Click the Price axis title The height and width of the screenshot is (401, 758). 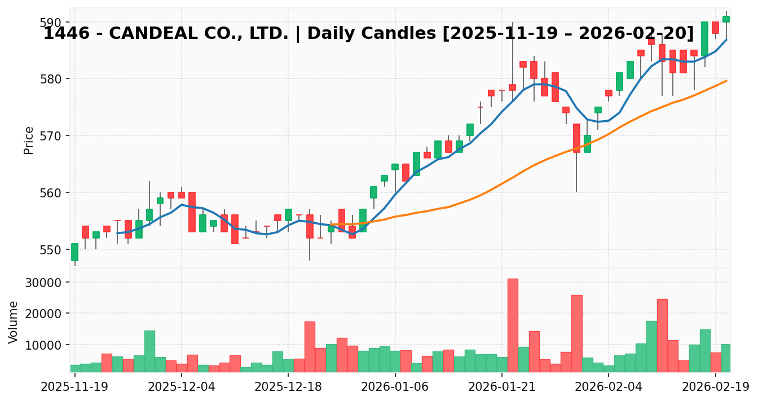tap(29, 140)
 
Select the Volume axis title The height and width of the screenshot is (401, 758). tap(14, 322)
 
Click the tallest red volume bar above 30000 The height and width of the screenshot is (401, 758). tap(513, 325)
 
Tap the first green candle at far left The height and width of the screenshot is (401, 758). tap(74, 252)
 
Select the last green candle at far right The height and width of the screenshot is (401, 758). tap(726, 19)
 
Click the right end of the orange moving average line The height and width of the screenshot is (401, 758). tap(726, 81)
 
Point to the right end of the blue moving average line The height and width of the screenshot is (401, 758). tap(726, 40)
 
